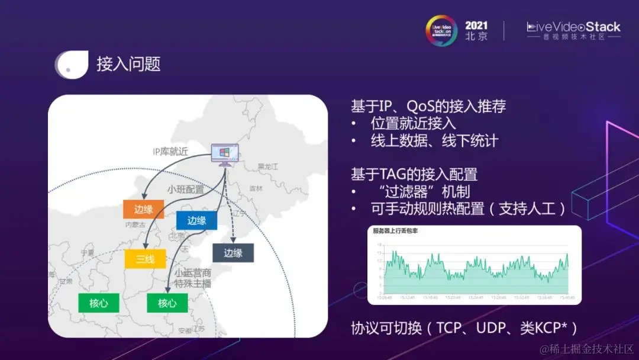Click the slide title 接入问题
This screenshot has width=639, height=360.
tap(128, 64)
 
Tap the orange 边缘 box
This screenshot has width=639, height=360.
tap(143, 209)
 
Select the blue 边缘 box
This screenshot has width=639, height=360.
tap(196, 220)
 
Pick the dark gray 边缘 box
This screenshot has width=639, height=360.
tap(233, 253)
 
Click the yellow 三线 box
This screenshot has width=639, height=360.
tap(144, 259)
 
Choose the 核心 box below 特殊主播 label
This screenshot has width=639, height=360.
tap(167, 303)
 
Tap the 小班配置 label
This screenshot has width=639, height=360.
tap(185, 190)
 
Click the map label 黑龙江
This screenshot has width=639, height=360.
tap(268, 166)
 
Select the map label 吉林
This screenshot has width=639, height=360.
tap(256, 188)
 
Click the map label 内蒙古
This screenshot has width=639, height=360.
tap(135, 225)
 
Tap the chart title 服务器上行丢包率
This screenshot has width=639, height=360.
tap(395, 231)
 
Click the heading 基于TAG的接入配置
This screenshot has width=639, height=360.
tap(414, 174)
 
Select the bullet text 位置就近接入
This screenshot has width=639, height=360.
tap(413, 123)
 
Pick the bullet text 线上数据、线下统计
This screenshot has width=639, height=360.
tap(434, 141)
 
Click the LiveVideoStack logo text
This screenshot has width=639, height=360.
tap(573, 27)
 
